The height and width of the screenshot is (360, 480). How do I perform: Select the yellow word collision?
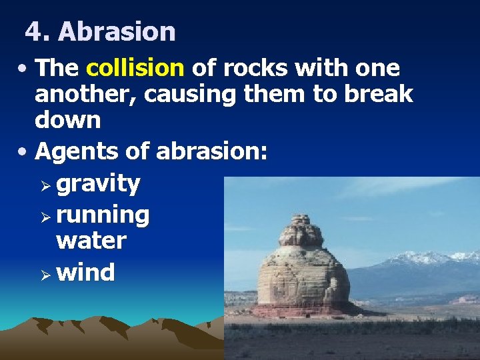[x=135, y=69]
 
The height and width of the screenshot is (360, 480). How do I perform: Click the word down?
[x=68, y=121]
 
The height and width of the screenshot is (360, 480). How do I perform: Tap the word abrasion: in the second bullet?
[x=212, y=152]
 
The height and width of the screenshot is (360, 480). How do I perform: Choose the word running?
[x=103, y=215]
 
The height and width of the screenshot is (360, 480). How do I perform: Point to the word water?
[x=91, y=241]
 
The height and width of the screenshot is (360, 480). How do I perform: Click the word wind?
[x=85, y=272]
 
